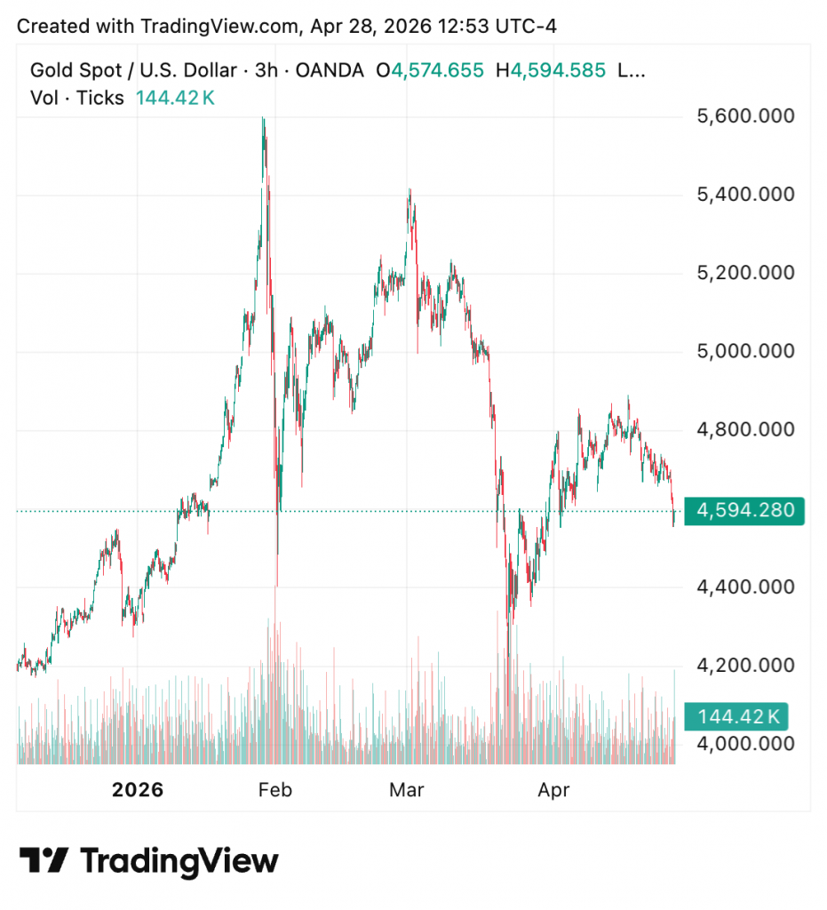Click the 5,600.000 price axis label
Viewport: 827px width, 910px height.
tap(745, 116)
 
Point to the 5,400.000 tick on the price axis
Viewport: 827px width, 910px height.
tap(745, 195)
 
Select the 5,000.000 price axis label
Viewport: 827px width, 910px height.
tap(745, 352)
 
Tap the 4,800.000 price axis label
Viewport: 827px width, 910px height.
tap(745, 430)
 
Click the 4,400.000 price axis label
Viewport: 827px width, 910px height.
tap(745, 587)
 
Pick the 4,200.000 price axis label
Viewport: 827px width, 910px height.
tap(745, 666)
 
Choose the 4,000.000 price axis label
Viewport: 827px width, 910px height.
tap(745, 744)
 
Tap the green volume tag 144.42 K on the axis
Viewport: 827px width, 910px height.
tap(738, 716)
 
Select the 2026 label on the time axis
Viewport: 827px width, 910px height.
tap(138, 789)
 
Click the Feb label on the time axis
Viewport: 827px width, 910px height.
tap(274, 789)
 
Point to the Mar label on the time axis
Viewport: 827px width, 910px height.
tap(408, 789)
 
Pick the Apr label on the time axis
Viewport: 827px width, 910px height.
tap(554, 789)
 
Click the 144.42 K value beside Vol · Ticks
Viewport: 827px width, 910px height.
tap(175, 98)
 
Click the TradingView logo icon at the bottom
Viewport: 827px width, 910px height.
tap(44, 860)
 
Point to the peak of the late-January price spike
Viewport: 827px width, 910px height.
tap(263, 118)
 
